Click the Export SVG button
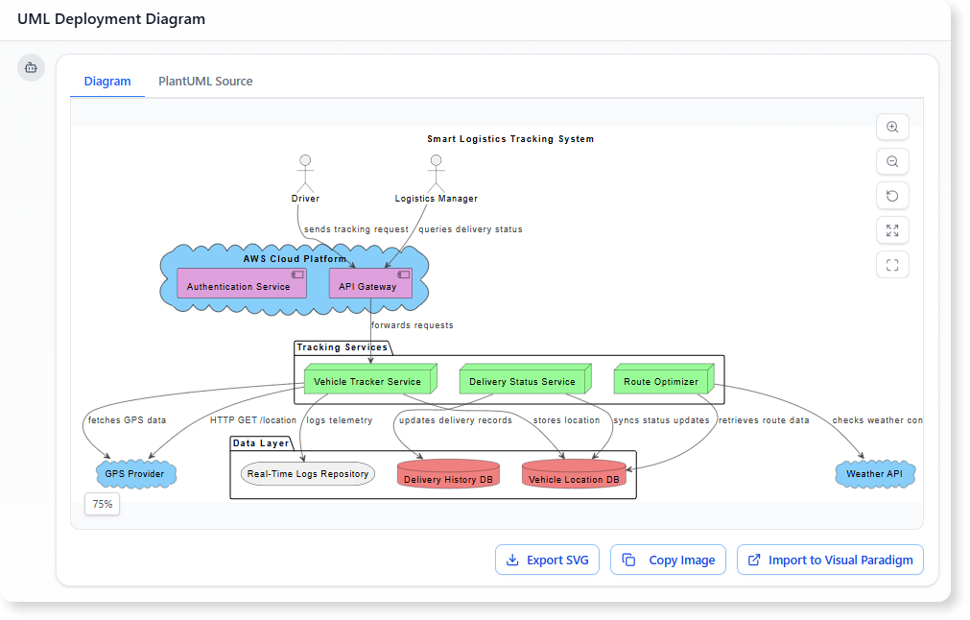(547, 560)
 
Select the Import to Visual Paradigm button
(830, 560)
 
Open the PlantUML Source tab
(205, 82)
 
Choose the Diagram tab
(107, 82)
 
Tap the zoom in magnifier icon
(892, 128)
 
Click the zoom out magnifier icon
(892, 162)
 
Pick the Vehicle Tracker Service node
(367, 381)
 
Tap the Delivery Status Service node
(522, 381)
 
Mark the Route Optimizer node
(662, 381)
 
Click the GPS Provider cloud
(136, 474)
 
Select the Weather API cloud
(874, 474)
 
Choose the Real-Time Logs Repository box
(307, 473)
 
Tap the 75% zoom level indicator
(103, 504)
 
